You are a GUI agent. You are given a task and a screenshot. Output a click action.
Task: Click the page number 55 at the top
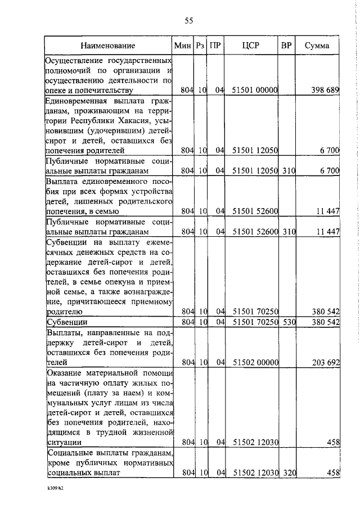tap(189, 21)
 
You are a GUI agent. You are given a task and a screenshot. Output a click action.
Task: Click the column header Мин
tap(183, 46)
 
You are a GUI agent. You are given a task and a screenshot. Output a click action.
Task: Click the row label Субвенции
tap(66, 322)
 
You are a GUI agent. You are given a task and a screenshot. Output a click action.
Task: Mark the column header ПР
tap(214, 46)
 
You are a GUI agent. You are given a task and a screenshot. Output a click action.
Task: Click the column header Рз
tap(200, 46)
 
